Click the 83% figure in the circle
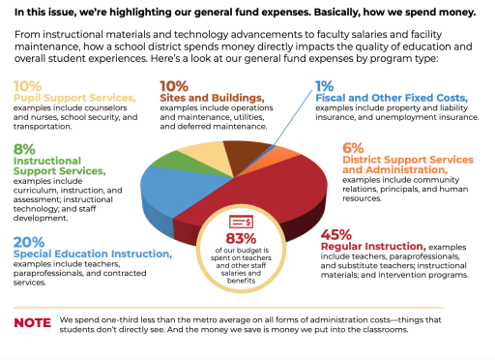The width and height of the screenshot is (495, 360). tap(247, 238)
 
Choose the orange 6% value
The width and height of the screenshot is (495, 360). tap(354, 147)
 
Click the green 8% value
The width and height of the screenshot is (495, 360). tap(25, 148)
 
